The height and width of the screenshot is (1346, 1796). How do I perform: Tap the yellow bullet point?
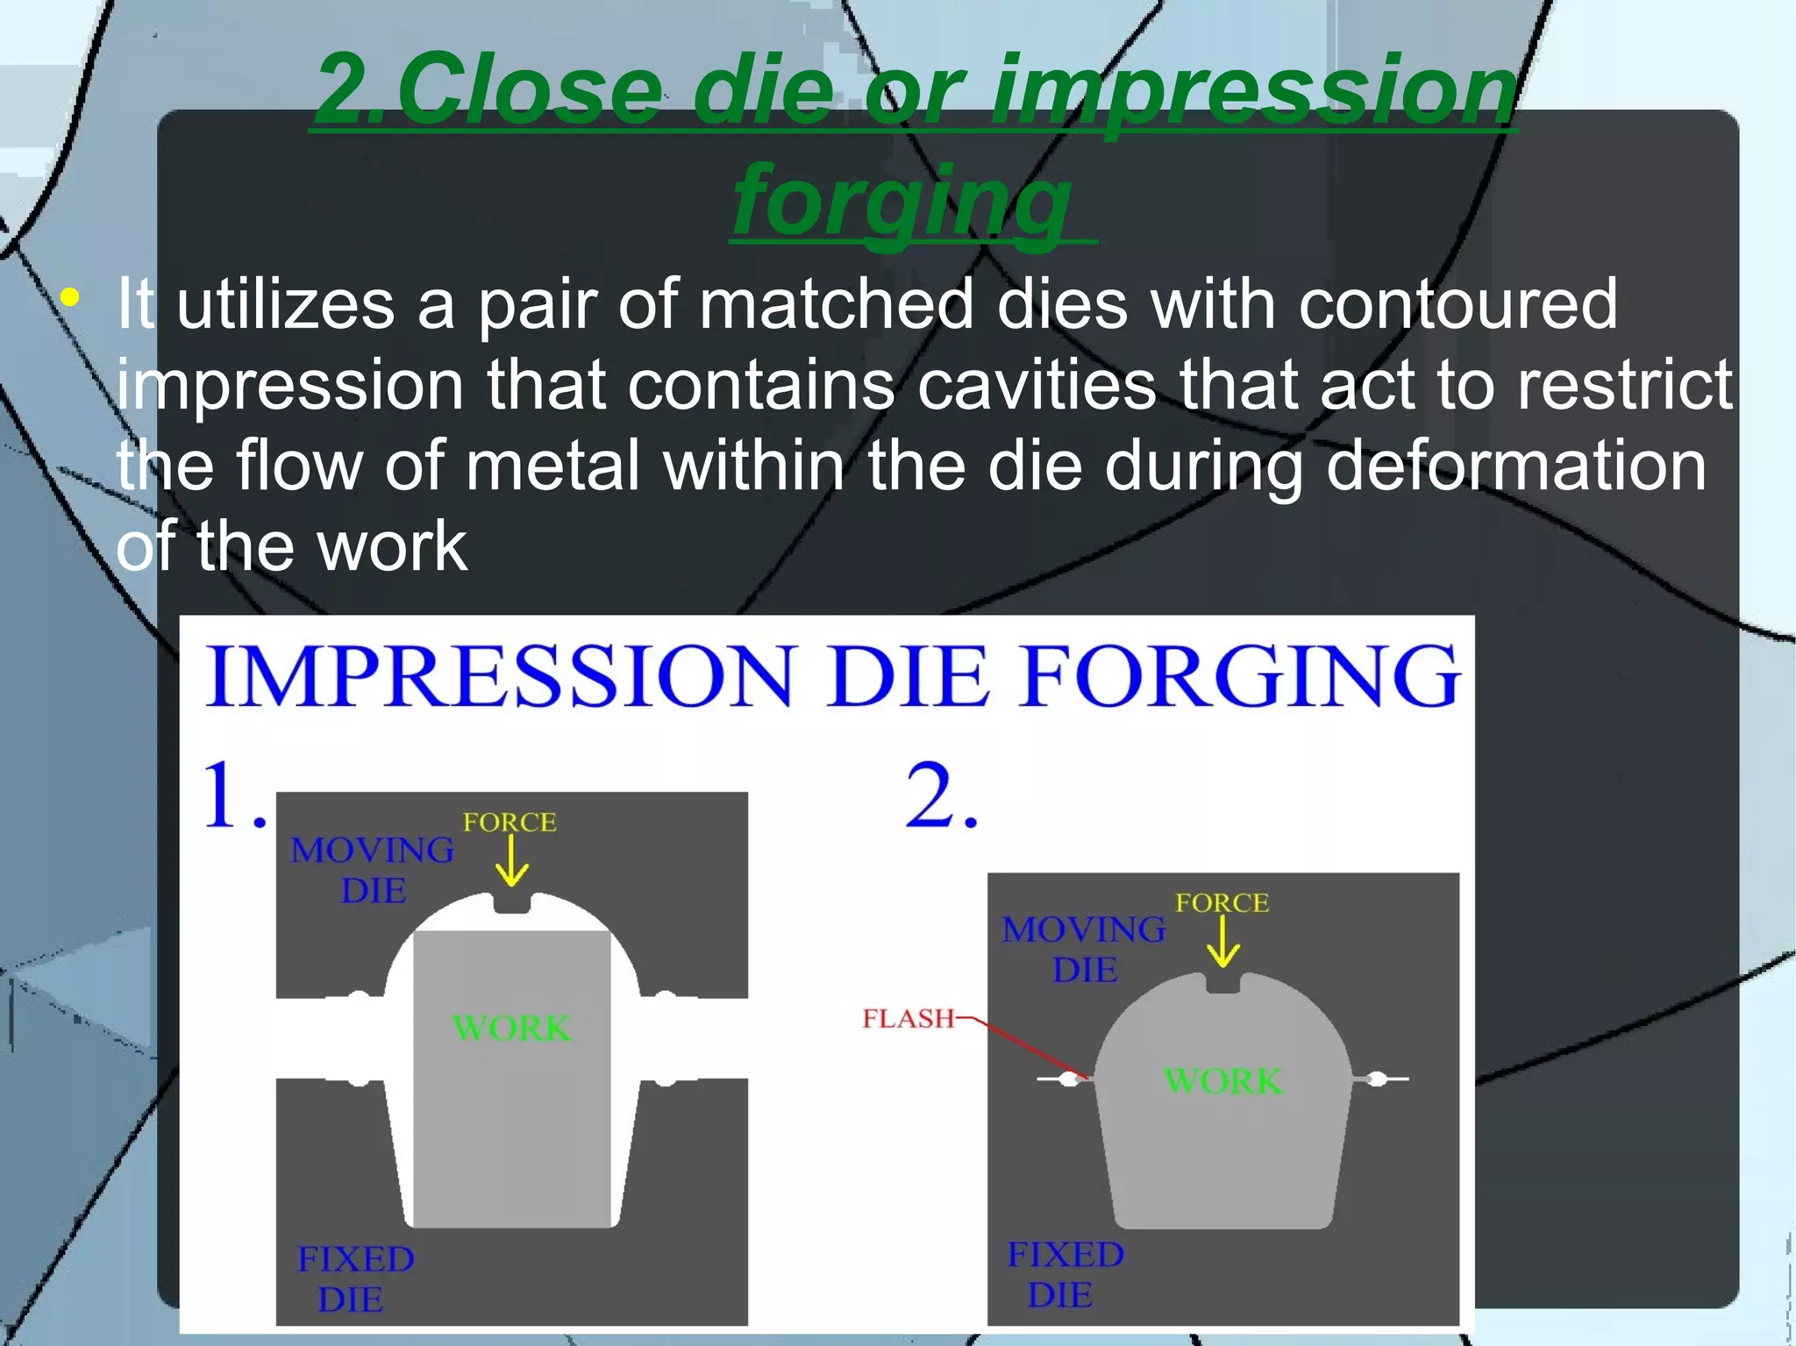71,298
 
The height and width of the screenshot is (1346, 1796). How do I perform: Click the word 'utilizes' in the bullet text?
285,304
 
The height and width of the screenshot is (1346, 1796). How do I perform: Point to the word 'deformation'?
1516,466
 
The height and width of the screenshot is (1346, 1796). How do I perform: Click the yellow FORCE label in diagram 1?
510,822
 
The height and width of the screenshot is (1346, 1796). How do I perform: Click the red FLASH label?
908,1018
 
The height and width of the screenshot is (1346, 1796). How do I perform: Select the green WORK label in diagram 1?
512,1028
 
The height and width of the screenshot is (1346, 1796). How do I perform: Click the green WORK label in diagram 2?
1223,1081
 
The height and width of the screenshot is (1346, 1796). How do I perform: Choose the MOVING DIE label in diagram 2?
1084,950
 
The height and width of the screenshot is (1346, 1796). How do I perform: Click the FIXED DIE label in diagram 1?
354,1278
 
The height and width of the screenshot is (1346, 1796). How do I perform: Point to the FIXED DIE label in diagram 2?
1065,1274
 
